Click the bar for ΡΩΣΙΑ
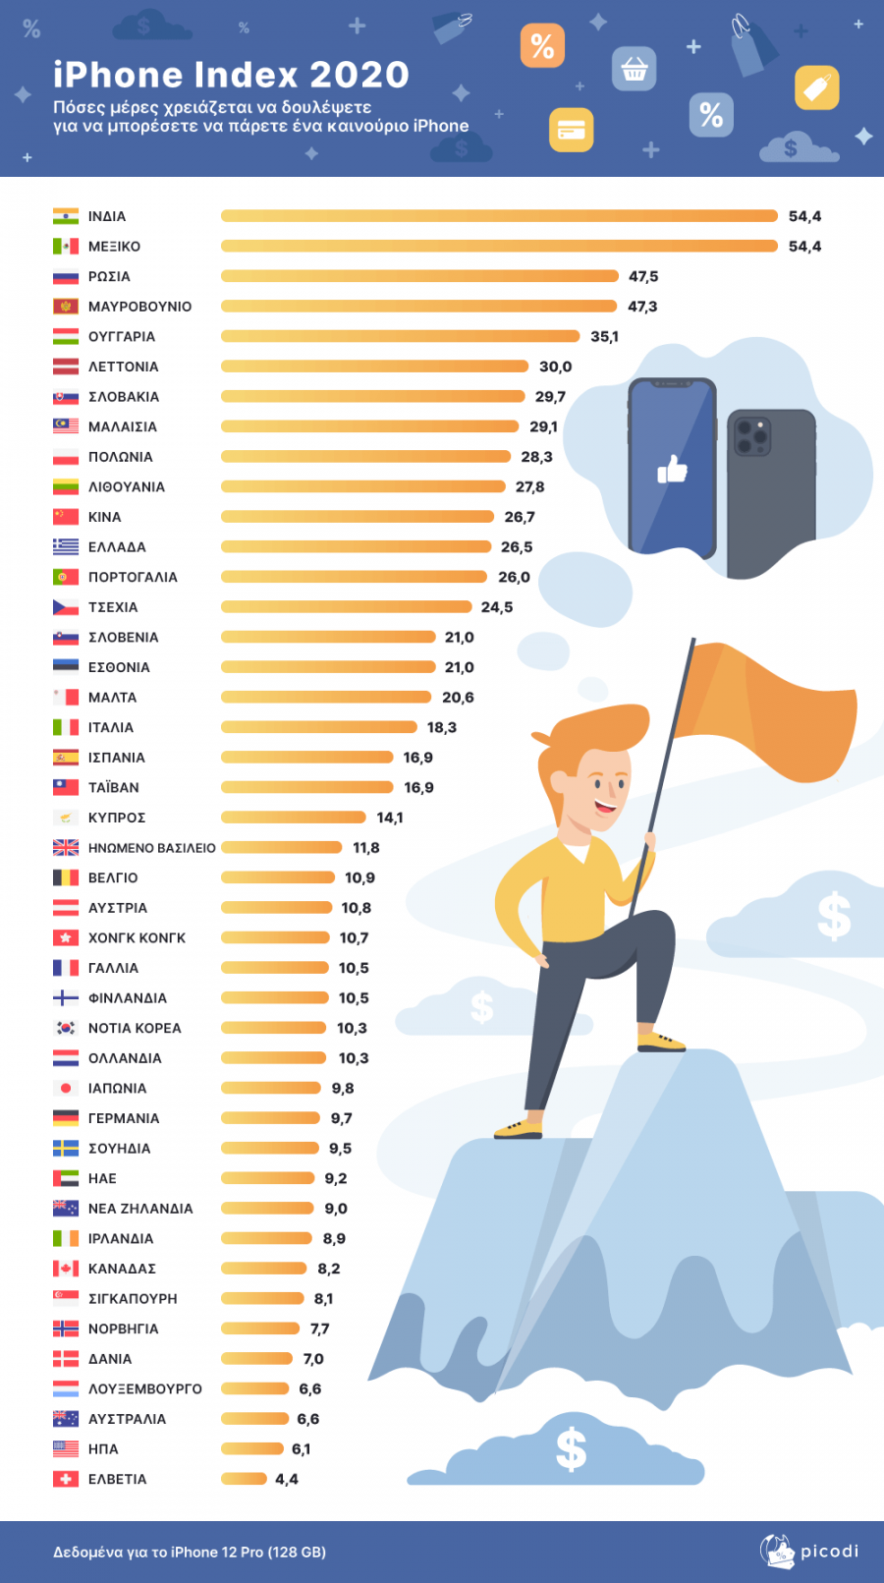pyautogui.click(x=419, y=276)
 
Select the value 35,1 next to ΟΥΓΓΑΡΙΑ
pyautogui.click(x=604, y=337)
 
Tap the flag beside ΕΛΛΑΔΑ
pyautogui.click(x=66, y=547)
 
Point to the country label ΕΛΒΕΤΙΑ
pyautogui.click(x=118, y=1479)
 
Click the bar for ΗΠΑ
pyautogui.click(x=252, y=1448)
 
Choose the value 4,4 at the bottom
pyautogui.click(x=287, y=1479)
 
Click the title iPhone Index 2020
pyautogui.click(x=231, y=75)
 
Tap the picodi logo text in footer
pyautogui.click(x=829, y=1552)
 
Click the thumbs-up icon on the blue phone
pyautogui.click(x=673, y=470)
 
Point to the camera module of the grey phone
pyautogui.click(x=752, y=435)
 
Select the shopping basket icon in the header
pyautogui.click(x=634, y=69)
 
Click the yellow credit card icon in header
pyautogui.click(x=571, y=130)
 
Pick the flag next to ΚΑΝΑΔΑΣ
pyautogui.click(x=66, y=1269)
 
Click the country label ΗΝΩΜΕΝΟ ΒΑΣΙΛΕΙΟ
pyautogui.click(x=152, y=848)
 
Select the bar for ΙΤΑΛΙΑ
pyautogui.click(x=319, y=727)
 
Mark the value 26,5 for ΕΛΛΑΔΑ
pyautogui.click(x=517, y=547)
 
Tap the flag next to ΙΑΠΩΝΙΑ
pyautogui.click(x=66, y=1088)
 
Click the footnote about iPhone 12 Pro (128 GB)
pyautogui.click(x=190, y=1553)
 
